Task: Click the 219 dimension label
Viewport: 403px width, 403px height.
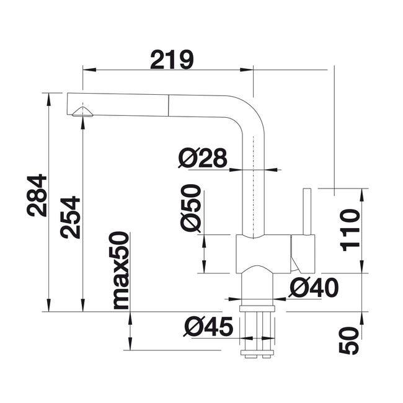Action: click(172, 60)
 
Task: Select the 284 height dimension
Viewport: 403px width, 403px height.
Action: click(37, 195)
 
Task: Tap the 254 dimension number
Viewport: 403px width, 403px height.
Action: click(70, 217)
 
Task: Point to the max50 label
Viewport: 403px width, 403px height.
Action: click(119, 270)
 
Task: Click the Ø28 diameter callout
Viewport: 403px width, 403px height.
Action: click(203, 157)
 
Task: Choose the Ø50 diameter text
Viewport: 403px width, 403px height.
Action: click(190, 208)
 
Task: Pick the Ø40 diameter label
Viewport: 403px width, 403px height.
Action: click(314, 287)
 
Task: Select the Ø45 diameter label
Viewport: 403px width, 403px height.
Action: click(208, 326)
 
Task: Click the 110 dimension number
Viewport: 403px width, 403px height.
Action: click(350, 230)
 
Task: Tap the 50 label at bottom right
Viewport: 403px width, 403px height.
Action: click(349, 341)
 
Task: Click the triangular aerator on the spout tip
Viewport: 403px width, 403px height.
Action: click(82, 112)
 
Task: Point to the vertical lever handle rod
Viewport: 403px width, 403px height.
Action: click(307, 211)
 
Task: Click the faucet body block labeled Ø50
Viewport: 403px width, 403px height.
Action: click(263, 254)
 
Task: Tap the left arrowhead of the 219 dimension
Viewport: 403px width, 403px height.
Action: click(89, 69)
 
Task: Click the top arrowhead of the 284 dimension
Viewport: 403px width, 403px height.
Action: click(48, 99)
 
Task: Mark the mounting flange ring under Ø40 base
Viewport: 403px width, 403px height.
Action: click(257, 309)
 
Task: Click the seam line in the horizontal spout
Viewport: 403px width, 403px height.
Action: click(169, 105)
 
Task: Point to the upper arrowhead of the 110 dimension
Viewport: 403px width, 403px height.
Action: click(362, 195)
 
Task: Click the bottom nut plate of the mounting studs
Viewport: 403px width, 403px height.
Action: click(257, 352)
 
